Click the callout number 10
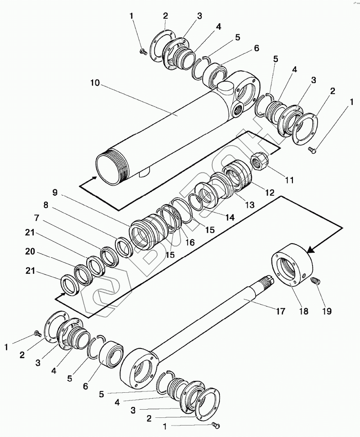point(95,83)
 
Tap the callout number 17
point(280,311)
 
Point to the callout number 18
point(303,311)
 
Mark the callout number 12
point(269,192)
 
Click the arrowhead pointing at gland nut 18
point(312,249)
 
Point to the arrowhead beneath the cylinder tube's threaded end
point(93,178)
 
